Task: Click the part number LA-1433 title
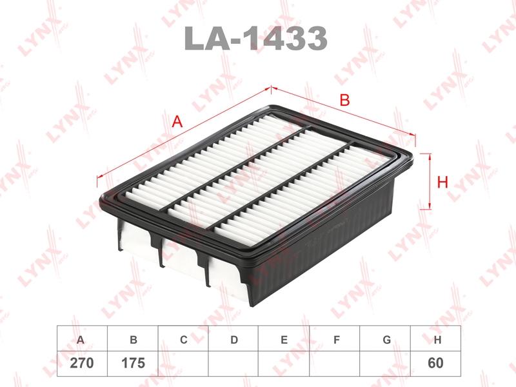coord(255,38)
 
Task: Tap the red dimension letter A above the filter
coord(177,122)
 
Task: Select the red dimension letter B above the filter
coord(344,100)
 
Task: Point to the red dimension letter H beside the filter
coord(442,182)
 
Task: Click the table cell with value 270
coord(82,363)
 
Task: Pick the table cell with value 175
coord(133,363)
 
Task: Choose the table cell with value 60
coord(435,363)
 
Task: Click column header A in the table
coord(80,340)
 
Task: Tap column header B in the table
coord(134,340)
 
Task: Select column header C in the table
coord(184,340)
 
